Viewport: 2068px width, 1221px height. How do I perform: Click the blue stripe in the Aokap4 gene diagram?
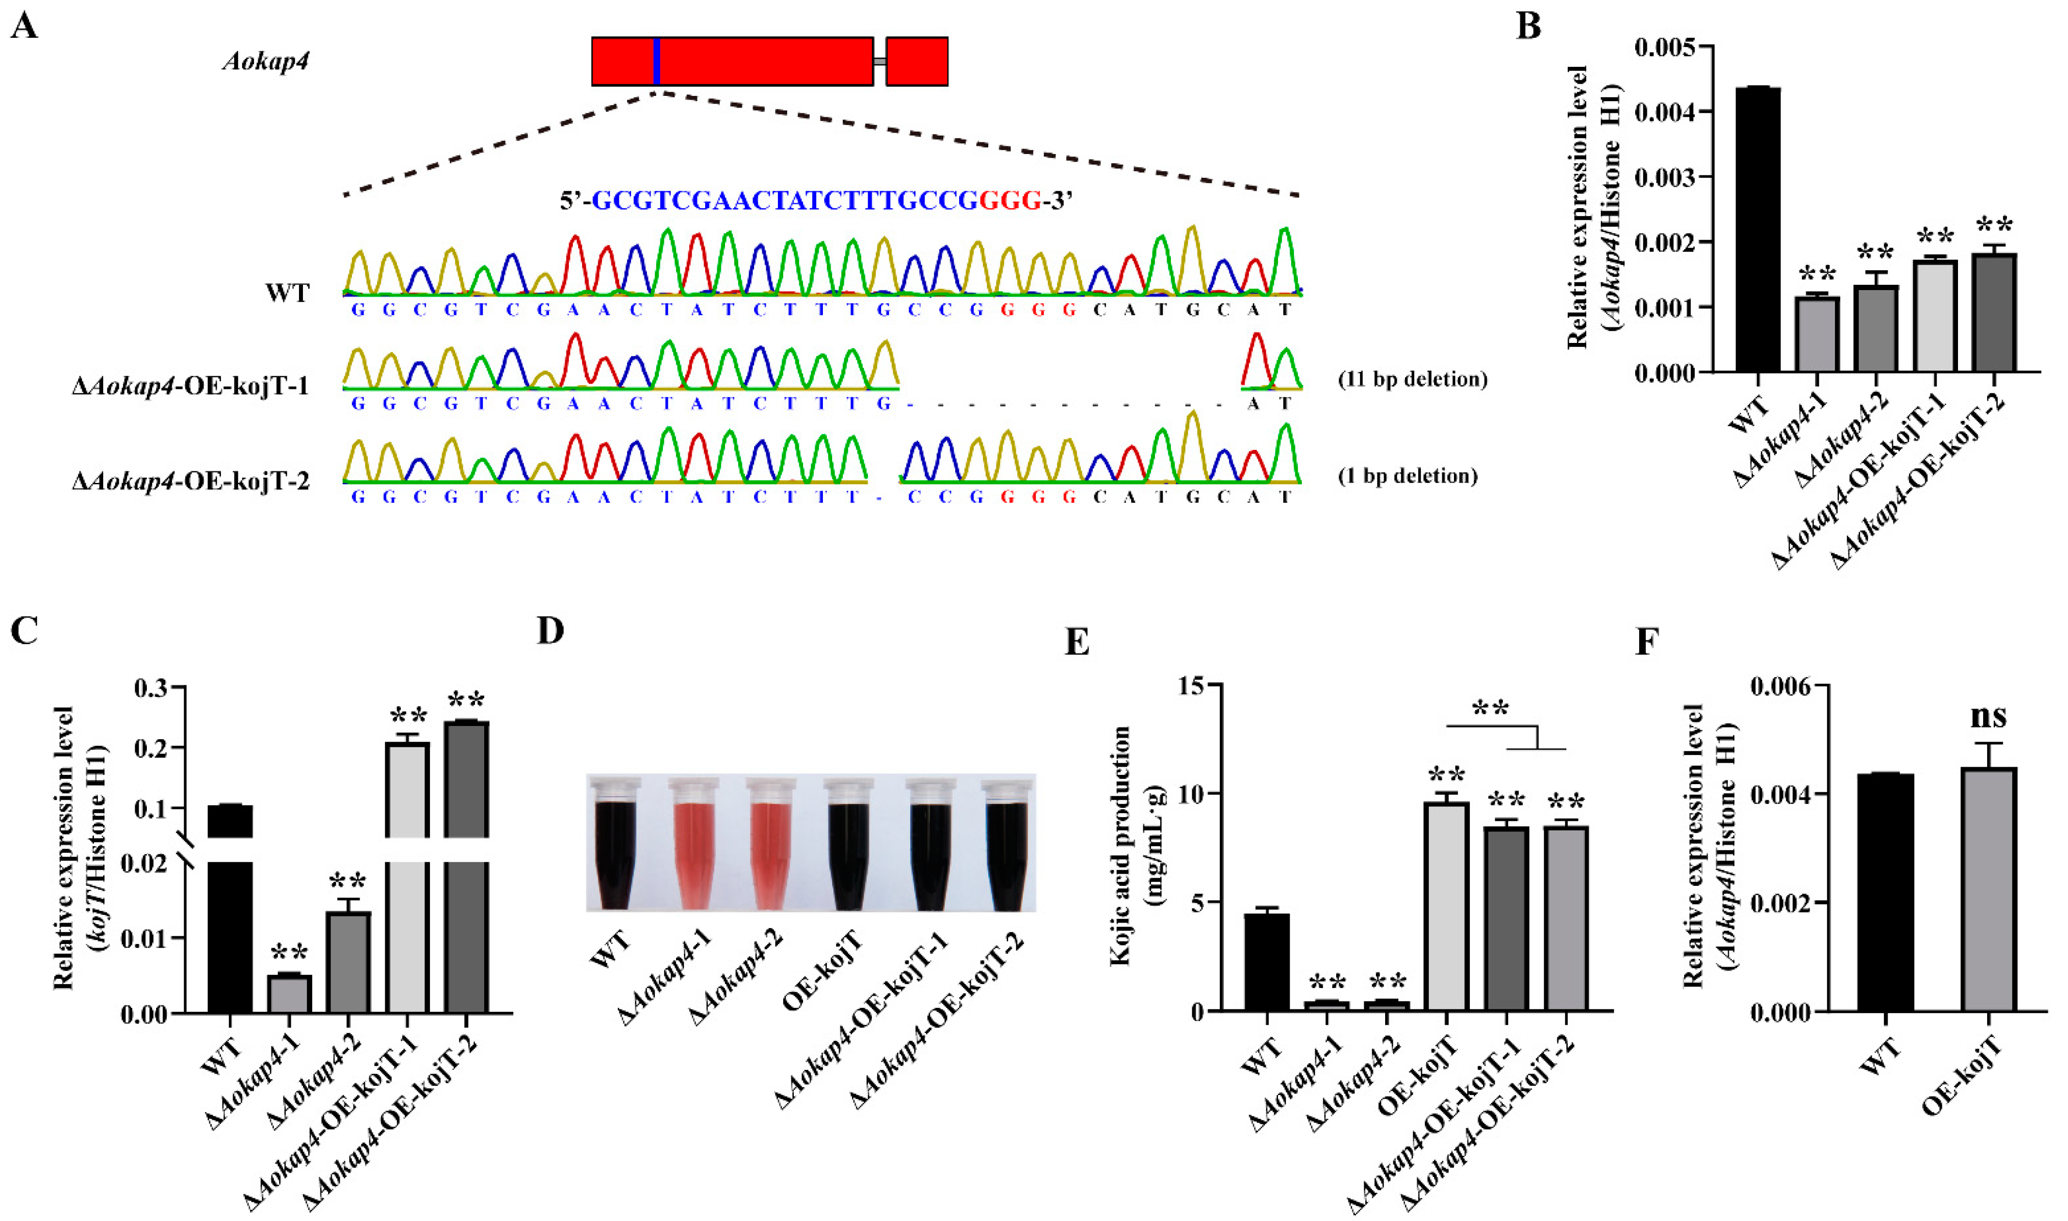click(656, 61)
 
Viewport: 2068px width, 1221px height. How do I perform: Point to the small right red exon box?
click(916, 61)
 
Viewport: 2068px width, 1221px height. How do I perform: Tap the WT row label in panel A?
click(287, 293)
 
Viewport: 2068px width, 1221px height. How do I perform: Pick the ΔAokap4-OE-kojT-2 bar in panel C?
click(466, 864)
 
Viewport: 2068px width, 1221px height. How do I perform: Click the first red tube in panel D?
click(692, 851)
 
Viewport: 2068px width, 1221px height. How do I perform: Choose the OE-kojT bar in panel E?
click(1447, 905)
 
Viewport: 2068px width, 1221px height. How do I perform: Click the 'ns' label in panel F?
click(1988, 716)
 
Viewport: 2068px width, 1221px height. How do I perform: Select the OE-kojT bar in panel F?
click(1988, 889)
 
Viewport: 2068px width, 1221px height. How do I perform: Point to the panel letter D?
click(550, 631)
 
